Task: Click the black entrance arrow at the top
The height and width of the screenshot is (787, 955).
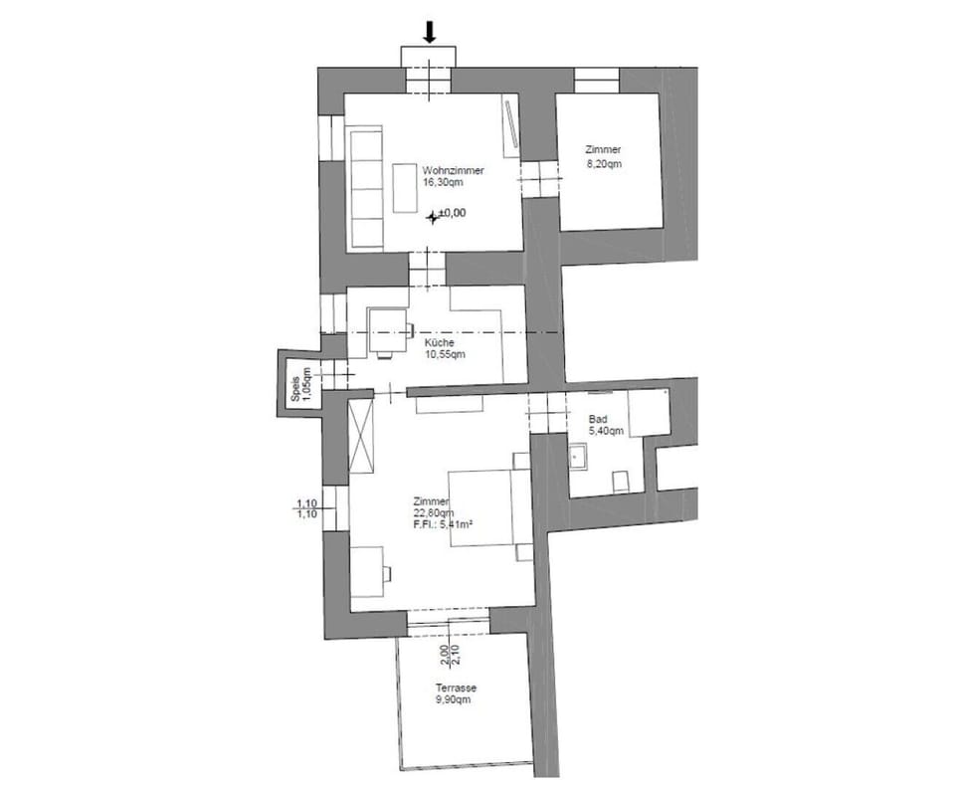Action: coord(429,32)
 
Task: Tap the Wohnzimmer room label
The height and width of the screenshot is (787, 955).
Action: coord(453,171)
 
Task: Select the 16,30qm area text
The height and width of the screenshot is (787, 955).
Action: coord(443,183)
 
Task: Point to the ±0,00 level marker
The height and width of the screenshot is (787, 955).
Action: coord(447,213)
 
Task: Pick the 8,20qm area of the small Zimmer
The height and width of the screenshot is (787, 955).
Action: coord(604,164)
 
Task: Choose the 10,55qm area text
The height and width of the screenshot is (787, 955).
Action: coord(444,353)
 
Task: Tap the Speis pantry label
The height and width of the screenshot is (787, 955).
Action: coord(295,388)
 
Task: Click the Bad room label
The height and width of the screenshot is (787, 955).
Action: coord(598,420)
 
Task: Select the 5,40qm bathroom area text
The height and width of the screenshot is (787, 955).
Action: coord(606,432)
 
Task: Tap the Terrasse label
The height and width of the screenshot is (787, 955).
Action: coord(455,688)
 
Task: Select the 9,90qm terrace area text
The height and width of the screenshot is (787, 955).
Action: coord(453,699)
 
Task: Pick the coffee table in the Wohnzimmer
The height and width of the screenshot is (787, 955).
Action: coord(406,187)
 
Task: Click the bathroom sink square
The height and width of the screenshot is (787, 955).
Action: coord(578,458)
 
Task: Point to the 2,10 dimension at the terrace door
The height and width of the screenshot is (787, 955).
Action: coord(457,654)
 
